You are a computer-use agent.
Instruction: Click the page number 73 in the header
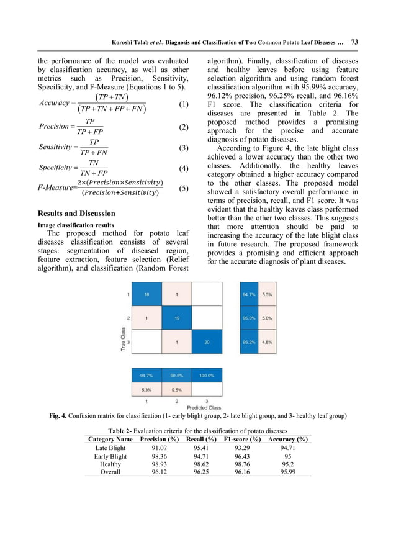[x=354, y=42]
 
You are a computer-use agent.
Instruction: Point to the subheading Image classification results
[x=76, y=225]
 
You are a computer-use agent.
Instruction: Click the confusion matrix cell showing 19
[x=176, y=318]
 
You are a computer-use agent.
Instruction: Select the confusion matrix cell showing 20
[x=207, y=341]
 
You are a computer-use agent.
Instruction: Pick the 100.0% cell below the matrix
[x=207, y=375]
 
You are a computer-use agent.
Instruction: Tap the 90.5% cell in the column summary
[x=176, y=375]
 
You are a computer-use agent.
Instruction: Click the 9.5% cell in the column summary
[x=176, y=390]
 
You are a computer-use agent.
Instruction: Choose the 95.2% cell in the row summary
[x=250, y=341]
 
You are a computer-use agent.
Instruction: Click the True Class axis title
[x=124, y=340]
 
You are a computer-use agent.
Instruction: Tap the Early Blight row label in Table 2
[x=110, y=456]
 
